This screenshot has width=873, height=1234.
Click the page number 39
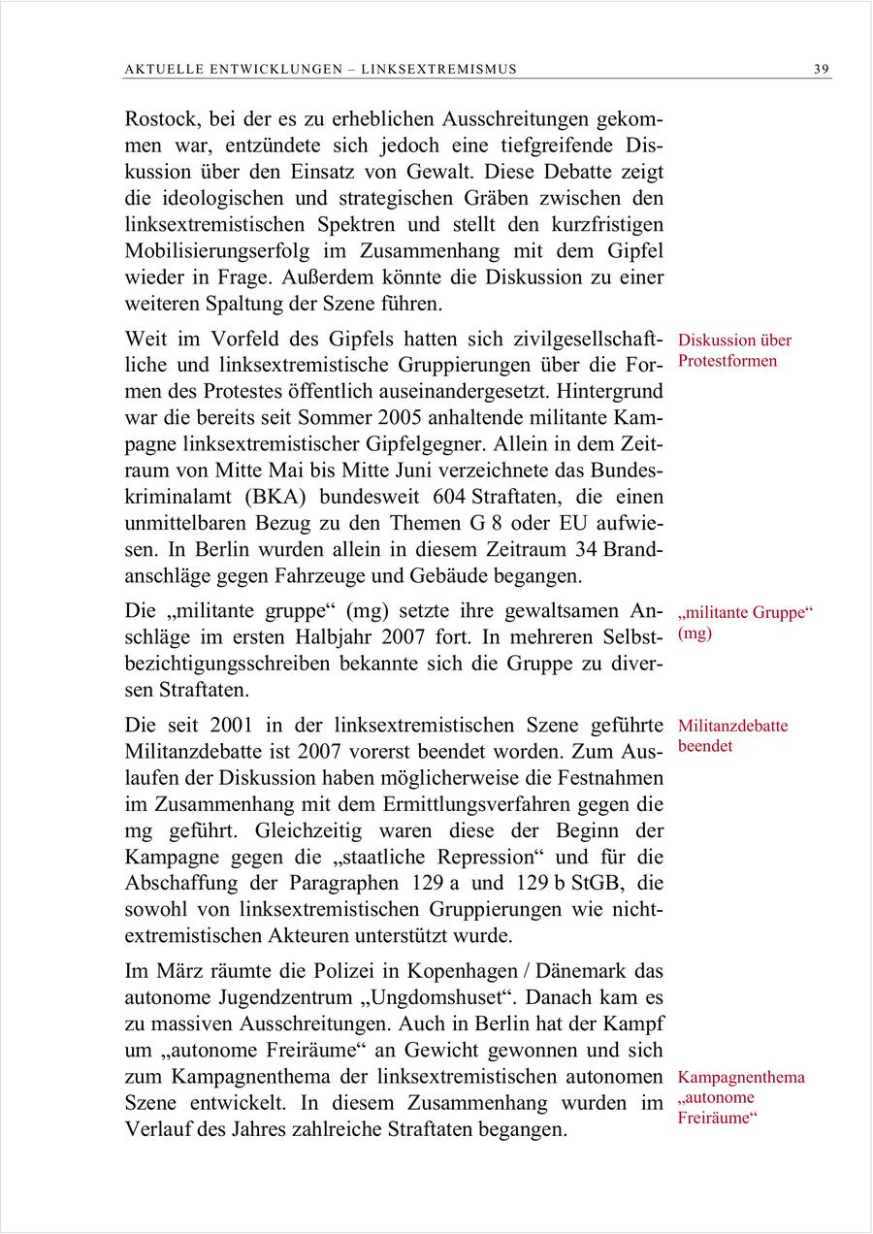click(822, 69)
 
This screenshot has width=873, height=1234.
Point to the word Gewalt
click(442, 173)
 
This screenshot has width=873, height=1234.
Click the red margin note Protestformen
click(727, 361)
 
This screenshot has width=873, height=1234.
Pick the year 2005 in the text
click(434, 419)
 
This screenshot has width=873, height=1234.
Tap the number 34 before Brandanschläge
click(587, 550)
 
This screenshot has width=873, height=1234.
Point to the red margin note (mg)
click(695, 633)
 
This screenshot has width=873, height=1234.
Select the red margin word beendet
click(706, 746)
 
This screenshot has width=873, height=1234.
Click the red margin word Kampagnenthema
click(741, 1077)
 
